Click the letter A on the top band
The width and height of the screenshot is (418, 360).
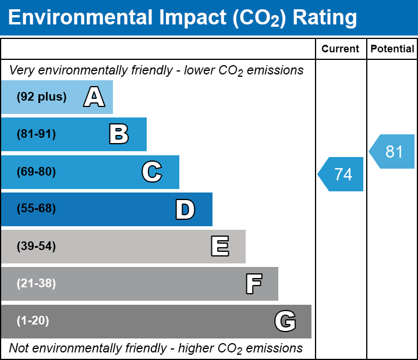coord(94,97)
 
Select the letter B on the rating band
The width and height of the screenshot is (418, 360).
coord(119,134)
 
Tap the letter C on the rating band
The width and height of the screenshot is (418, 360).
coord(151,172)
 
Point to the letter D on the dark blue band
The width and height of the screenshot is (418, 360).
coord(185,209)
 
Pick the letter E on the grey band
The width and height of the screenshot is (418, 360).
coord(219,247)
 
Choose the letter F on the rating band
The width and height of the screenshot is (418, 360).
coord(253,284)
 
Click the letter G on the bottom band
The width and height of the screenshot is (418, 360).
coord(285,321)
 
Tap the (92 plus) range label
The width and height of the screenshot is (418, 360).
coord(41,97)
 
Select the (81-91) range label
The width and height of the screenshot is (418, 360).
coord(36,134)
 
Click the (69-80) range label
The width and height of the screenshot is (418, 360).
coord(36,172)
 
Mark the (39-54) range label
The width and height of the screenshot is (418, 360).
coord(36,247)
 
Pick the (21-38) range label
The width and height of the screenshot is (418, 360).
coord(36,284)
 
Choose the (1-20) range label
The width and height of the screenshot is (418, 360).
coord(33,321)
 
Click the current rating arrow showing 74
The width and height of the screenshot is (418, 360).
coord(342,174)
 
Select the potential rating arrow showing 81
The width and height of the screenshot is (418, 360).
coord(393,152)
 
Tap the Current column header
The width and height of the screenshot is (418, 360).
coord(341,49)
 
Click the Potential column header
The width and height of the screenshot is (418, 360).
coord(392,49)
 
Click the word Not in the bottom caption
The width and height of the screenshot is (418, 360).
coord(19,348)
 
